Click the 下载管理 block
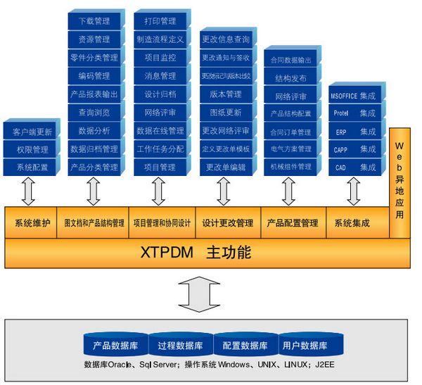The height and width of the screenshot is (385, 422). pos(94,22)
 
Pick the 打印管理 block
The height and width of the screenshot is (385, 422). pos(160,22)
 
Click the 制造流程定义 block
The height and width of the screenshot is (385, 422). pos(160,39)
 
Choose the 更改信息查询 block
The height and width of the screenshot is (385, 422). pos(225,39)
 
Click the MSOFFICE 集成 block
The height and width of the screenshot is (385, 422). pos(354,94)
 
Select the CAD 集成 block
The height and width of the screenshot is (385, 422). pos(354,168)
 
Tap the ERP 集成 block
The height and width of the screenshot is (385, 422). pos(354,131)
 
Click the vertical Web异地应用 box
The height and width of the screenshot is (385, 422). pos(399,179)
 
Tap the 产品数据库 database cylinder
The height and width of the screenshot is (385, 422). pos(115,346)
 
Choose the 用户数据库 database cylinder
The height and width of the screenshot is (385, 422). pos(305,346)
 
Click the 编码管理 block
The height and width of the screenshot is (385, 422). pos(94,76)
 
